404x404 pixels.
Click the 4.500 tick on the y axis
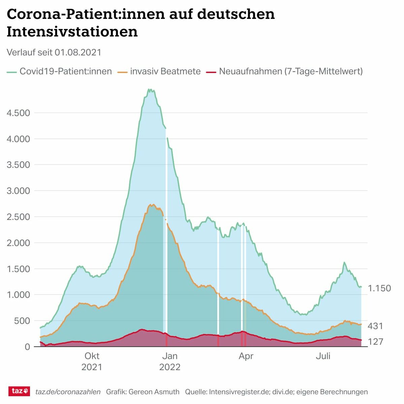point(19,113)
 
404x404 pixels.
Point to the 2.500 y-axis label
point(19,217)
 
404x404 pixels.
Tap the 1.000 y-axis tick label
point(19,295)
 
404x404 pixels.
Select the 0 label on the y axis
point(27,347)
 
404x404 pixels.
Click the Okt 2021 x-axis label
point(92,361)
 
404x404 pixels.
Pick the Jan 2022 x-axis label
point(170,361)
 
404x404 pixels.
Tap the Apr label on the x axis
point(246,356)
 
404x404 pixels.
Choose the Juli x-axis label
point(323,356)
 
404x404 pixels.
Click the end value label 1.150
point(379,288)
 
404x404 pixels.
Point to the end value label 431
point(375,326)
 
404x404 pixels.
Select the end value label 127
point(375,342)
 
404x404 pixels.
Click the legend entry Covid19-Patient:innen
point(66,71)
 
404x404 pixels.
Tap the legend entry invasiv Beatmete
point(165,71)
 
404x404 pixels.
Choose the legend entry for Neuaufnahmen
point(291,71)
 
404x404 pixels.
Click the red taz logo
point(19,391)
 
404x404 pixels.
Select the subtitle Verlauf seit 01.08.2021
point(54,53)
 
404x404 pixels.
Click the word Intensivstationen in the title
point(72,32)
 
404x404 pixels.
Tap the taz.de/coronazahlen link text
point(68,392)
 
